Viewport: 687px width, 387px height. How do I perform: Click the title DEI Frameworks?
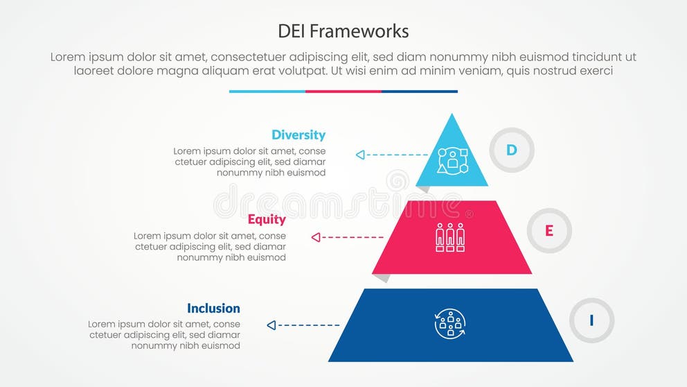click(343, 31)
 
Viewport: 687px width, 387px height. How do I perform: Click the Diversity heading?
click(298, 135)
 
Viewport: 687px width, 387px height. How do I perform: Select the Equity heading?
click(267, 220)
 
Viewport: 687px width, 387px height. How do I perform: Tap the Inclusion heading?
click(213, 309)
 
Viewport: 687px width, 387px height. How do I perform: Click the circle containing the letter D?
click(512, 150)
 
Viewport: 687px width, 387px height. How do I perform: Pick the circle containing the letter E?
click(549, 231)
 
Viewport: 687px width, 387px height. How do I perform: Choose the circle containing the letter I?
click(591, 320)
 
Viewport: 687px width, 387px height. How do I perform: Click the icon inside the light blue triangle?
click(452, 160)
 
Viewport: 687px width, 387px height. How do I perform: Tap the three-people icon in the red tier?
click(450, 237)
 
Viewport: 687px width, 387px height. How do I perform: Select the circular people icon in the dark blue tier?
click(450, 324)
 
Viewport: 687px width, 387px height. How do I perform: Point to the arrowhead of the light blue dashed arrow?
click(360, 155)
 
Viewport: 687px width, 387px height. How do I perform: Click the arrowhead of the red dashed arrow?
click(316, 237)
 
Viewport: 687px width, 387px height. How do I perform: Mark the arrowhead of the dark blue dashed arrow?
click(271, 325)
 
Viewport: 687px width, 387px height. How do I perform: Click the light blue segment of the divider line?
click(267, 91)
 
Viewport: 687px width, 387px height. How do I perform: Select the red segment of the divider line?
click(343, 91)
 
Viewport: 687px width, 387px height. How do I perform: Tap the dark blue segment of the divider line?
click(420, 91)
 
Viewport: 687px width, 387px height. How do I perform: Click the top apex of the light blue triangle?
click(452, 115)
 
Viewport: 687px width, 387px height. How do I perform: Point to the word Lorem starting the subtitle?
click(68, 58)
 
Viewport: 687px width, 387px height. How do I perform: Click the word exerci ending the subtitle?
click(595, 71)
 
